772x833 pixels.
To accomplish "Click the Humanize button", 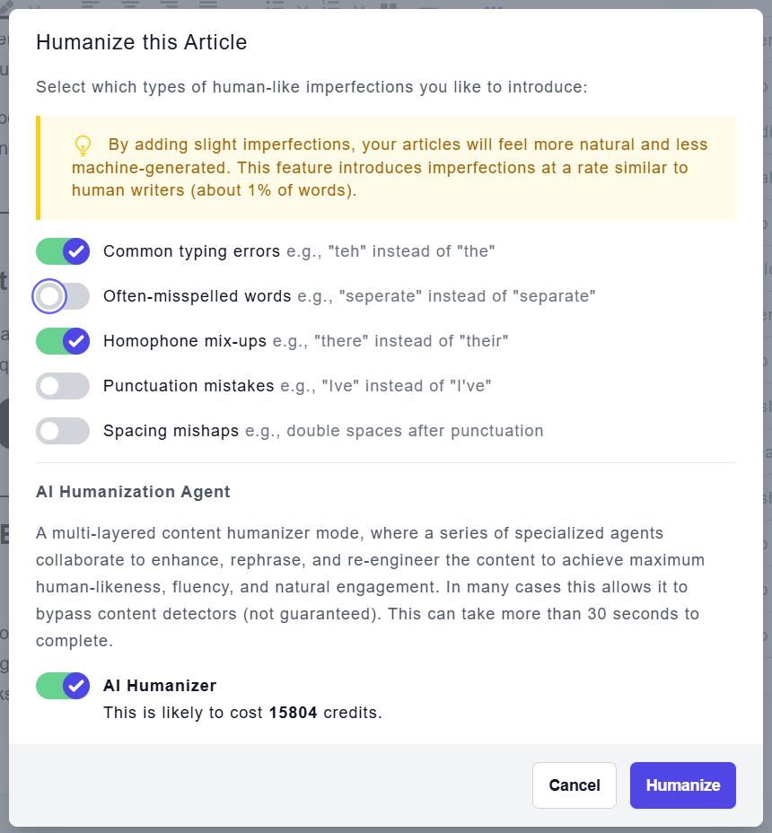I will (682, 785).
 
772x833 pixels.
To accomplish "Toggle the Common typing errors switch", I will (63, 251).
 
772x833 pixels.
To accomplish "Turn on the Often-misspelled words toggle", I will (63, 296).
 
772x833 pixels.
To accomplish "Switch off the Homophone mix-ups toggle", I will (63, 341).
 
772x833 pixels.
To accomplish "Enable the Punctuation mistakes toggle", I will (63, 386).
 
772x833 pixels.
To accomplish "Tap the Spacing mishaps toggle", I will (63, 431).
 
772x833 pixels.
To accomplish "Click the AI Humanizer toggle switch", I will (63, 686).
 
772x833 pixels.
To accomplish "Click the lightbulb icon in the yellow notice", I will (83, 145).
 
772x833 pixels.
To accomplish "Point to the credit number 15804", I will (293, 714).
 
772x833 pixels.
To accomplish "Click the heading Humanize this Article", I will (141, 42).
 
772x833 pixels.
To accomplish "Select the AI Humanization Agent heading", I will (133, 492).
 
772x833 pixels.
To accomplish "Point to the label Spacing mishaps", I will (171, 431).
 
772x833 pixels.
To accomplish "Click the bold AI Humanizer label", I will (160, 686).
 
